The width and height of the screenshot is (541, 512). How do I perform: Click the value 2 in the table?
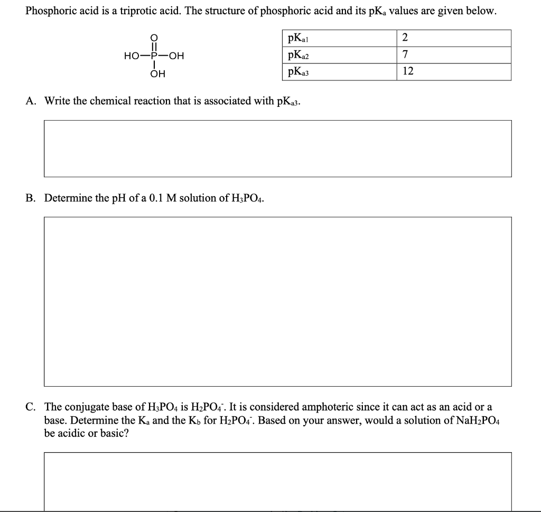[405, 38]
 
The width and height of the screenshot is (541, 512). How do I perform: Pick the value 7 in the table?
[405, 55]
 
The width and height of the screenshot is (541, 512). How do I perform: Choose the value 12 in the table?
[407, 71]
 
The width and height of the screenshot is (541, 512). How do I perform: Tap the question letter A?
[30, 100]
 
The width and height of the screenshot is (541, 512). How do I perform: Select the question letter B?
[30, 198]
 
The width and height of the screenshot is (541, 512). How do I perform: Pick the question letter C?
[30, 407]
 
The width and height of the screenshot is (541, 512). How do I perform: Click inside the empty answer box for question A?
[277, 148]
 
